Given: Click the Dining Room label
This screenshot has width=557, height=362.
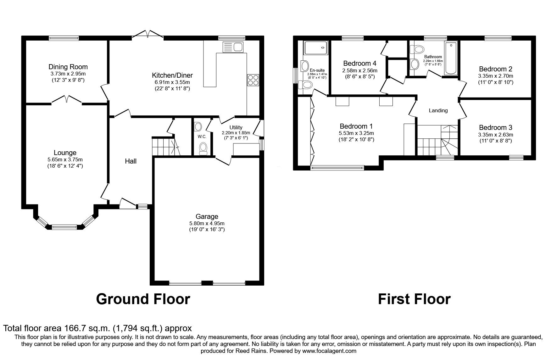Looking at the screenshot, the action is tap(68, 67).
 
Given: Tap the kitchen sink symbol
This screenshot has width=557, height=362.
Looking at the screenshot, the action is tap(233, 47).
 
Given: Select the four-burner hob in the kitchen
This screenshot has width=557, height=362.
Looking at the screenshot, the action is tap(253, 80).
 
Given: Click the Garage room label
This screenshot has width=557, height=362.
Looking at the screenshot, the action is tap(207, 216).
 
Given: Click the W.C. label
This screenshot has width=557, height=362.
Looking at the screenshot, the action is tap(202, 136).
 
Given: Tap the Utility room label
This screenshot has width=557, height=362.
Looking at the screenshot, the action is tap(236, 127).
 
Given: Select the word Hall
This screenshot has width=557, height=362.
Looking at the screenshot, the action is tap(131, 161).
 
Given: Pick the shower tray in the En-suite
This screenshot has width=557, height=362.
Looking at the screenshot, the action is tap(316, 47).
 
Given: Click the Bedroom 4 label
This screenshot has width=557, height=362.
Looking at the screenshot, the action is tap(360, 63).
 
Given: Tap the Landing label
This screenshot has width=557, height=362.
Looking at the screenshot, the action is tap(438, 110).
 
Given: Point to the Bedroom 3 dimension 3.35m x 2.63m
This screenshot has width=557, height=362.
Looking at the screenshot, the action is tap(496, 135).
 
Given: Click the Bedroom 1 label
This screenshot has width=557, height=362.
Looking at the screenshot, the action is tap(356, 126).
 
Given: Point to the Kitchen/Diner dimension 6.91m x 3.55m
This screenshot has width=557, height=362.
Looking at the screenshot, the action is tap(172, 82).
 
